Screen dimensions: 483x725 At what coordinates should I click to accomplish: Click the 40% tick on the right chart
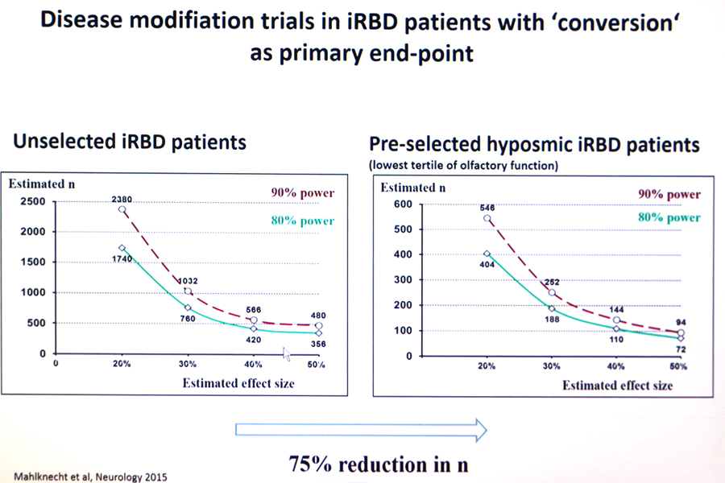615,366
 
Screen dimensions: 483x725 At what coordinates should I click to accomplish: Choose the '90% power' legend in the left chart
302,193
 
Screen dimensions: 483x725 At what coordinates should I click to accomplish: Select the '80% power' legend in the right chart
669,217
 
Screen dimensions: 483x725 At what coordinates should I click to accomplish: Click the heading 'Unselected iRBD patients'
129,143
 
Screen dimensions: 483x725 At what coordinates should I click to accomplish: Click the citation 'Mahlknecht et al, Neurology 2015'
90,476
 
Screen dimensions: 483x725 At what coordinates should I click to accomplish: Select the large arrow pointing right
362,429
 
